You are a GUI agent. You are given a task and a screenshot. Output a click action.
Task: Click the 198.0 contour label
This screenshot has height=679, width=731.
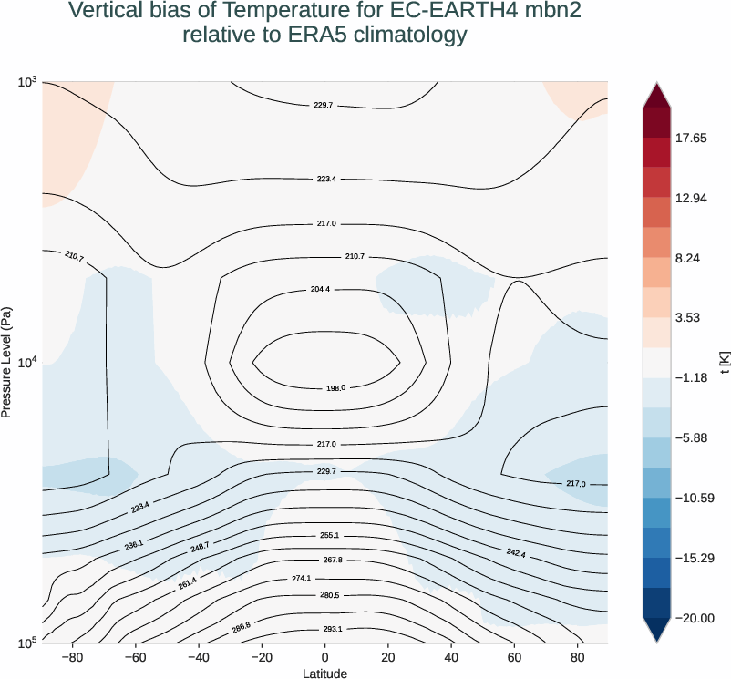335,388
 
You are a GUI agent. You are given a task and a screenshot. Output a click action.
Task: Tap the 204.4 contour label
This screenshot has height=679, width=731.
320,289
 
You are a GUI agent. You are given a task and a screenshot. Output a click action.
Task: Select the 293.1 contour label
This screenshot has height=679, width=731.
332,629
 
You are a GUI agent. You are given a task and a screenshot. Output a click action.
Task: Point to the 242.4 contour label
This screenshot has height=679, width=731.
515,553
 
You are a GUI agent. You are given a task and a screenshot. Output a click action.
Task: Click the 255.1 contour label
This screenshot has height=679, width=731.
329,536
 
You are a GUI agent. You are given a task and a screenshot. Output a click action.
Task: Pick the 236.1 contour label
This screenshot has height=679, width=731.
134,544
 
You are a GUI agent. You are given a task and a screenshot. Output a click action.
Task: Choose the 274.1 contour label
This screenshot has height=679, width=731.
327,578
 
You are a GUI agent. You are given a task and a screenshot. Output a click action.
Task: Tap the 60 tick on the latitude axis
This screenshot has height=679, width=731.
515,657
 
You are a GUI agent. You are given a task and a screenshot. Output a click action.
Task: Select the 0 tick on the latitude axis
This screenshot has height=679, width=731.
324,657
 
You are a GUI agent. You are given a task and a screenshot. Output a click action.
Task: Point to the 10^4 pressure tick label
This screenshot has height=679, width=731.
26,363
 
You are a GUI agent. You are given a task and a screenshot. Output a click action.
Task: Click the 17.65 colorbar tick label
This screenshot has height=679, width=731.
691,139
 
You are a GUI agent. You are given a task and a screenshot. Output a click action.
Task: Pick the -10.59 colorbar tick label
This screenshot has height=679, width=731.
694,499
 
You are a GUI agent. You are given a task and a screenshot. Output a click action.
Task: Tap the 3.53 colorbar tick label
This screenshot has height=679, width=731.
688,318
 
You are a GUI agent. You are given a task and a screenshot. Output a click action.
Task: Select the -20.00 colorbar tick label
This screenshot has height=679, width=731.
694,618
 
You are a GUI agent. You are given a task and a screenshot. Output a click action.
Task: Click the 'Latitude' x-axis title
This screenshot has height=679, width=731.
324,673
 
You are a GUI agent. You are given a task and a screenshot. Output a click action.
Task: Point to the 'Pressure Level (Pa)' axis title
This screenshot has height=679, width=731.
7,362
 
